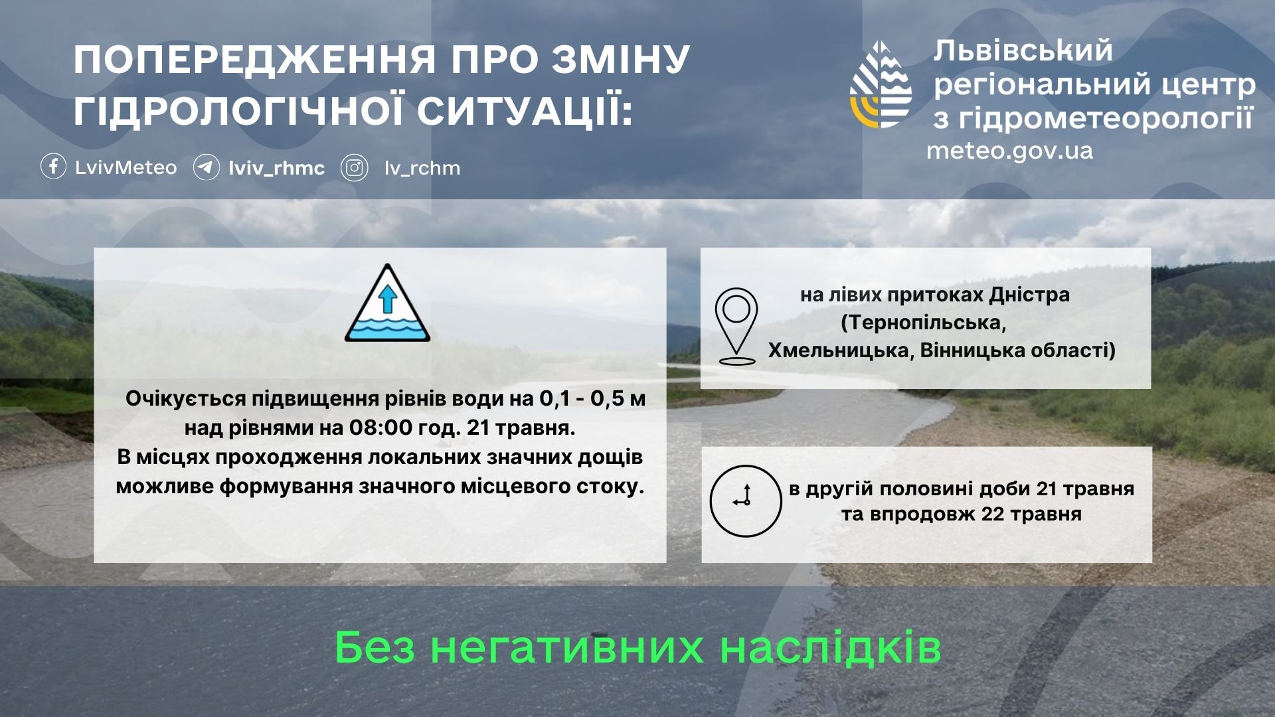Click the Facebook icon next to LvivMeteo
[53, 167]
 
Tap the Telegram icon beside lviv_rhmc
[207, 167]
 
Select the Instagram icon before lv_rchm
[355, 168]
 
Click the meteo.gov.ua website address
[1009, 151]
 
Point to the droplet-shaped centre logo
[881, 85]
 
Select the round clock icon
[746, 501]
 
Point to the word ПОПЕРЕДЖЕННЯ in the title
[255, 60]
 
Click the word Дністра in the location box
[1029, 295]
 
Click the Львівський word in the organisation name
[1023, 51]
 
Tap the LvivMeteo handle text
[126, 167]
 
